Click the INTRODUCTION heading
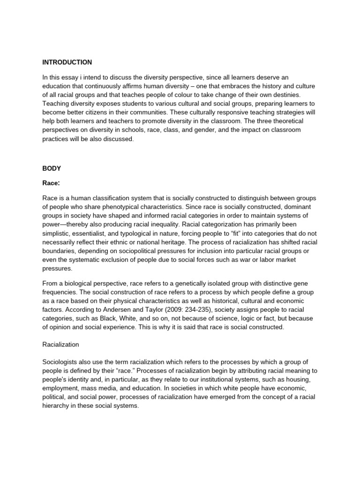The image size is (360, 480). (x=67, y=62)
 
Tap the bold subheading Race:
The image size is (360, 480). (x=52, y=183)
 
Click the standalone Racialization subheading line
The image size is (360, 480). (x=60, y=345)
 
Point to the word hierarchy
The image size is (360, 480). (x=59, y=406)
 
